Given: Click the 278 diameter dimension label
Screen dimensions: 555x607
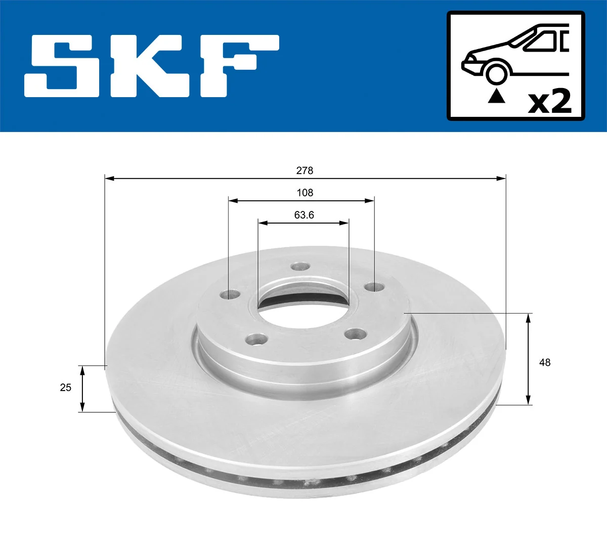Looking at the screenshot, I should (305, 170).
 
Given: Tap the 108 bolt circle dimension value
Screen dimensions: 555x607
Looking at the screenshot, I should (305, 193).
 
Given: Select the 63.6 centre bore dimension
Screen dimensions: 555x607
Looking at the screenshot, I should (304, 215).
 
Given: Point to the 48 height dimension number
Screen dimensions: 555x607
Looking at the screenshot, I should (545, 362).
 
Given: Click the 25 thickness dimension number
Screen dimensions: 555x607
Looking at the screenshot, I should (66, 388).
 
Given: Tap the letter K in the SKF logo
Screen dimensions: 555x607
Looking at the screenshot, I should (149, 66).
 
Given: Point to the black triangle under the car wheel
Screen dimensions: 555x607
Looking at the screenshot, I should (496, 96).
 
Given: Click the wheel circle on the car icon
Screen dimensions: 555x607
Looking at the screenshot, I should (496, 72).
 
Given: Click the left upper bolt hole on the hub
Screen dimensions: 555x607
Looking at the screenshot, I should (232, 294).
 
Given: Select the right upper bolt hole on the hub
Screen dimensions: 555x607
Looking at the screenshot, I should (374, 287).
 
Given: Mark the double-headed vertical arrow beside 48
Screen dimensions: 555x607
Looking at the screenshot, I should (528, 359).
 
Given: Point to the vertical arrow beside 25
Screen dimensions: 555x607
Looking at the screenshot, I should (83, 388).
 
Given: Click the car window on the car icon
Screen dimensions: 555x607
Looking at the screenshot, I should (544, 40).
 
